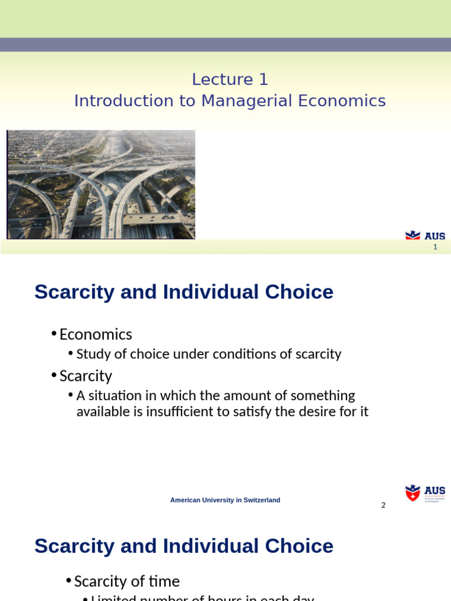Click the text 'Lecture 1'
[230, 79]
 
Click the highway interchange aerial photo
[101, 184]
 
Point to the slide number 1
[435, 247]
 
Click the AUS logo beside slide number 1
[425, 236]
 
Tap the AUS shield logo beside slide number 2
[413, 493]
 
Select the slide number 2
[383, 505]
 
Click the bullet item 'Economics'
[96, 335]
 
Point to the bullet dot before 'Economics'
[54, 334]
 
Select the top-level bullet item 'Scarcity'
[86, 376]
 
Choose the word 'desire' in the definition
[319, 411]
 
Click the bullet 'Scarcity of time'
[127, 581]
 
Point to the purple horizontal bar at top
[225, 45]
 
